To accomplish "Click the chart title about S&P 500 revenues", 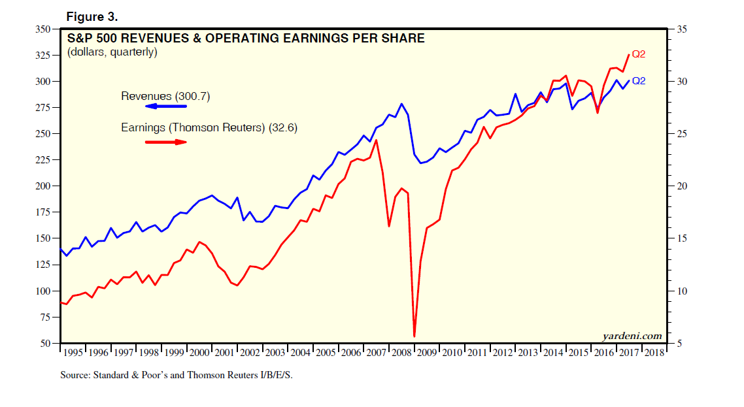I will coord(245,39).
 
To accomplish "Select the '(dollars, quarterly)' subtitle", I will coord(112,52).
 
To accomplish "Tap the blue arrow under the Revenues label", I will coord(165,106).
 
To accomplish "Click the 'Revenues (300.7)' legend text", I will coord(165,96).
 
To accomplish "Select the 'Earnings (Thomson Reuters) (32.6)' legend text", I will coord(209,128).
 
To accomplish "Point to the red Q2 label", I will coord(639,54).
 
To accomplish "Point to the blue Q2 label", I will coord(639,81).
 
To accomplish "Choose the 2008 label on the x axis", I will coord(401,352).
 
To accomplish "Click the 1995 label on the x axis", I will coord(73,352).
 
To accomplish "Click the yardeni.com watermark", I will coord(632,336).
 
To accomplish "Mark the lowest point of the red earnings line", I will coord(414,336).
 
